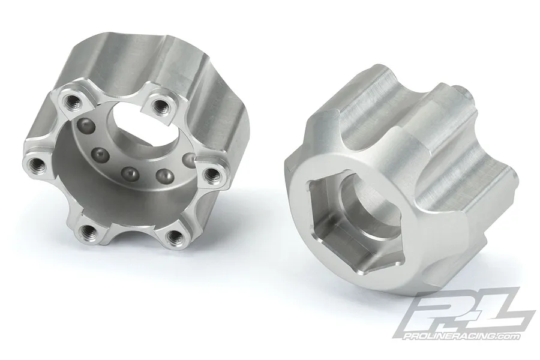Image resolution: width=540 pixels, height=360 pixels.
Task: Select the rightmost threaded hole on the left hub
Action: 211,175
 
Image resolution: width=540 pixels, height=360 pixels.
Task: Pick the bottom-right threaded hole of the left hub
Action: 173,236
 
